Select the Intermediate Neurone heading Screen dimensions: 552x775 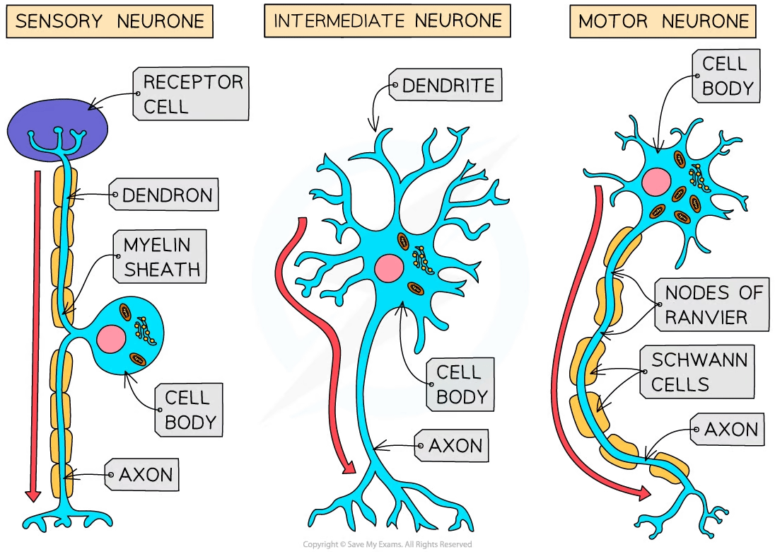(x=387, y=21)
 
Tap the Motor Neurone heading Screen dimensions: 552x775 (x=663, y=21)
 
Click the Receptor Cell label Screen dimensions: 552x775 (x=191, y=93)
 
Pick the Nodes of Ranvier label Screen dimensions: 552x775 (x=712, y=304)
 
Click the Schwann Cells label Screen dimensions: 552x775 (x=699, y=373)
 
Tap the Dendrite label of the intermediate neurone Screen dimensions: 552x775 (x=447, y=86)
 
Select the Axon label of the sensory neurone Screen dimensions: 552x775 (x=144, y=474)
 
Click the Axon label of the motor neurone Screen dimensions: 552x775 (x=730, y=429)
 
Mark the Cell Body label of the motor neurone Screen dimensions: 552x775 (x=724, y=76)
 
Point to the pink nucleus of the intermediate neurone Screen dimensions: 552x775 (x=388, y=268)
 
